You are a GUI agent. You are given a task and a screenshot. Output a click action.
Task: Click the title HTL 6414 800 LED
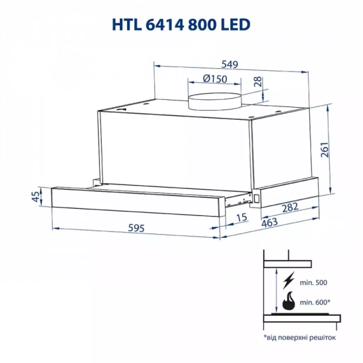pyautogui.click(x=181, y=24)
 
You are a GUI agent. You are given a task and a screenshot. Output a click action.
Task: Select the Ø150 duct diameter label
pyautogui.click(x=215, y=78)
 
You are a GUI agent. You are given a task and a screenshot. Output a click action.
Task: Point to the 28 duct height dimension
pyautogui.click(x=258, y=82)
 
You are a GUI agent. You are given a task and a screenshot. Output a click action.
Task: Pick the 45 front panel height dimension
pyautogui.click(x=35, y=196)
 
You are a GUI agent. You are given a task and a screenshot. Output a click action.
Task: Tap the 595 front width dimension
pyautogui.click(x=136, y=229)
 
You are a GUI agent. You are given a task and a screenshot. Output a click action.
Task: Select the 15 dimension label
pyautogui.click(x=241, y=217)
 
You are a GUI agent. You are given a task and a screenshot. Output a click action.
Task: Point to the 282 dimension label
pyautogui.click(x=290, y=208)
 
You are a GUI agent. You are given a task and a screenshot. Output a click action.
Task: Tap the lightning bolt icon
pyautogui.click(x=289, y=282)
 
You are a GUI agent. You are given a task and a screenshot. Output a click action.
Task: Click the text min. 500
pyautogui.click(x=314, y=283)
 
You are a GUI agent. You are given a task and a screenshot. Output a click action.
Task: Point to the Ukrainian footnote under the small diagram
pyautogui.click(x=299, y=337)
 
